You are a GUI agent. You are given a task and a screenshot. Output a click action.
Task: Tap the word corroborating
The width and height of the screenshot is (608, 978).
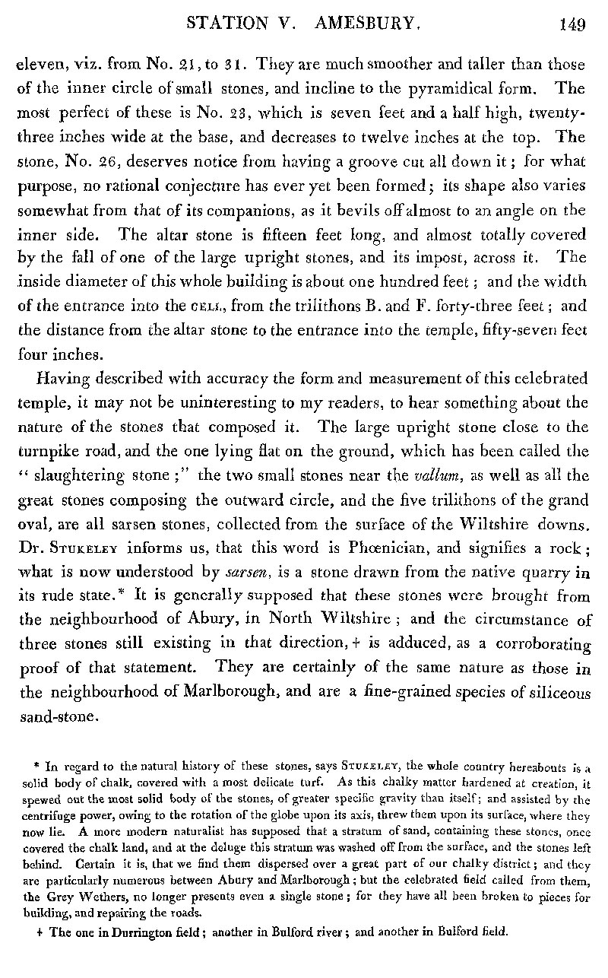541,621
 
